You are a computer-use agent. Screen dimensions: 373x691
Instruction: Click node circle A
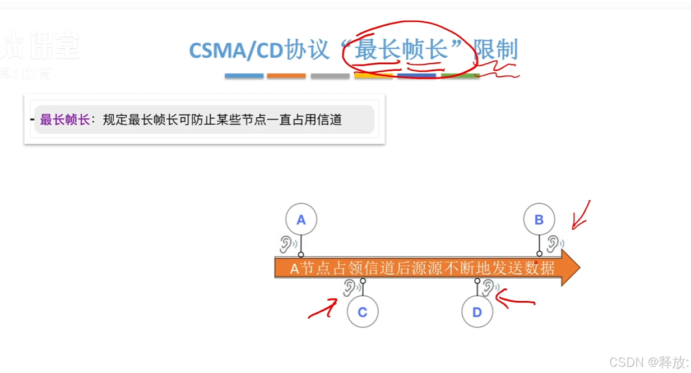[301, 219]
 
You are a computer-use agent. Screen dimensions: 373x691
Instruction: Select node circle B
[539, 219]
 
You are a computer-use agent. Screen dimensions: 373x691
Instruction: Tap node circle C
[363, 312]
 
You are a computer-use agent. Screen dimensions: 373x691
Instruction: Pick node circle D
[477, 312]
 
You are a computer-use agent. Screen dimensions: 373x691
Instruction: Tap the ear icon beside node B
[554, 243]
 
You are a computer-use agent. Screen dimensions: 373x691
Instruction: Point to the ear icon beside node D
[489, 287]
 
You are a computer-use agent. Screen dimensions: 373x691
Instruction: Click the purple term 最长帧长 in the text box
[64, 119]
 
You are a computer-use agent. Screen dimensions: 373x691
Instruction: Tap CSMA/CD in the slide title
[236, 50]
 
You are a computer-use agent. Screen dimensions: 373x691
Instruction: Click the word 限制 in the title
[496, 50]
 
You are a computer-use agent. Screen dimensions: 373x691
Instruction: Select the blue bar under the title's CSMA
[244, 76]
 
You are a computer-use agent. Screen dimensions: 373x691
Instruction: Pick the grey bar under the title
[330, 76]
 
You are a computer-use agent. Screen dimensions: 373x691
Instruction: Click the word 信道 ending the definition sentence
[330, 119]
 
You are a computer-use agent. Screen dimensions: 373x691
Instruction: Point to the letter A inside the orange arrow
[295, 269]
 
